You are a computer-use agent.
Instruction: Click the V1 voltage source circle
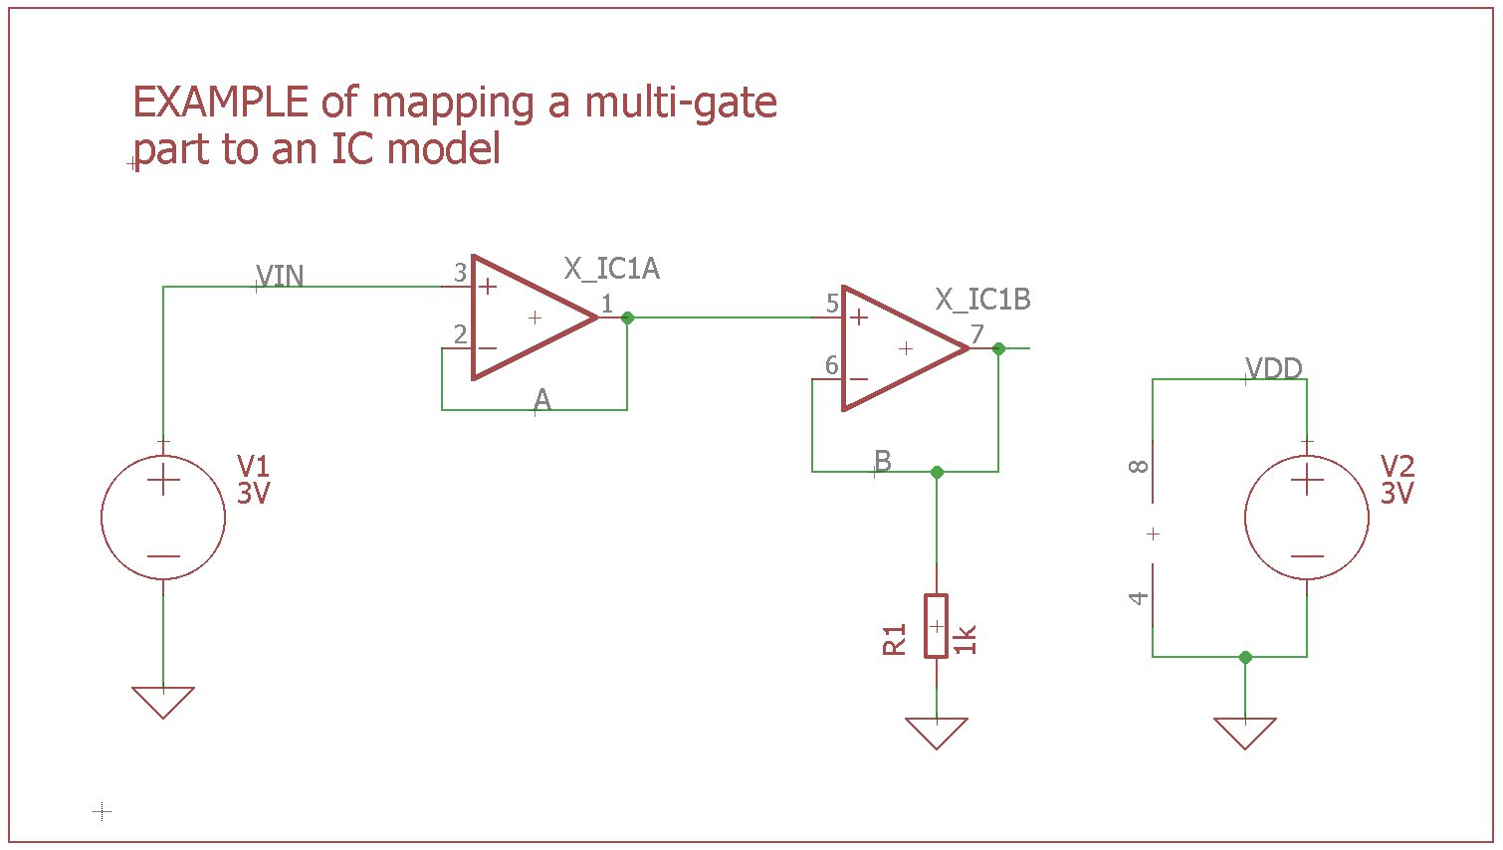(x=163, y=518)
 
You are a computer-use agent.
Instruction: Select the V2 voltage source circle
(x=1306, y=518)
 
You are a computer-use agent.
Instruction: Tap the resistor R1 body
(x=936, y=626)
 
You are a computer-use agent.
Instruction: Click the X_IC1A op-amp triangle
(x=528, y=318)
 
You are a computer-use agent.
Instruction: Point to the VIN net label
(x=280, y=276)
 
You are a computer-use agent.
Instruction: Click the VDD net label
(x=1274, y=368)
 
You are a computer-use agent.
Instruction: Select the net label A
(x=541, y=400)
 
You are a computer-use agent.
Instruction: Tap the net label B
(x=882, y=461)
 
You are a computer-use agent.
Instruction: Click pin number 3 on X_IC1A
(x=460, y=273)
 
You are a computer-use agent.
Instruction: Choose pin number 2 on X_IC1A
(x=460, y=334)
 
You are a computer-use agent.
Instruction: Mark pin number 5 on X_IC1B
(x=831, y=304)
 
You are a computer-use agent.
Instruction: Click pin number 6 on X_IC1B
(x=831, y=365)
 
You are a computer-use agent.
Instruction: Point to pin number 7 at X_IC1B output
(x=977, y=334)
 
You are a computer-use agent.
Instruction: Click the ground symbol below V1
(x=163, y=702)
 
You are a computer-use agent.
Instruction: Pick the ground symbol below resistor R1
(x=936, y=733)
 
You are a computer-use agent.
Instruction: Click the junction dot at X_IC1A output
(x=627, y=318)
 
